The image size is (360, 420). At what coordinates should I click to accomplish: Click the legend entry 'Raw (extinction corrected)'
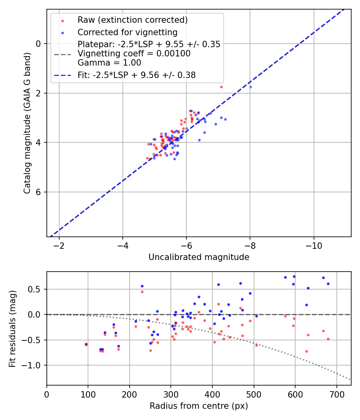click(132, 20)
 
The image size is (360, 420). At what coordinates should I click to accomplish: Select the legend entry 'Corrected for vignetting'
click(127, 32)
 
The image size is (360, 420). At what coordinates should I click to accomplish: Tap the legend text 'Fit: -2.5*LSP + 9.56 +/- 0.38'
click(136, 75)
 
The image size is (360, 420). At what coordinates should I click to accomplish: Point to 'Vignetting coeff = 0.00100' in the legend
click(134, 54)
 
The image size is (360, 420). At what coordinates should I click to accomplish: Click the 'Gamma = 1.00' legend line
click(109, 63)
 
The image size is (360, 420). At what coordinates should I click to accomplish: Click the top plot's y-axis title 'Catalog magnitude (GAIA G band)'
click(27, 123)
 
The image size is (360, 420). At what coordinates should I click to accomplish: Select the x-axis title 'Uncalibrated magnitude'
click(199, 257)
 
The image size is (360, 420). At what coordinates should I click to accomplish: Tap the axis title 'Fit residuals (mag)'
click(12, 328)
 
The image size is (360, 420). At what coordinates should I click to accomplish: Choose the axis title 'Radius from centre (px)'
click(199, 406)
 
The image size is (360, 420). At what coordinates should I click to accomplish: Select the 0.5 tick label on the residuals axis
click(36, 289)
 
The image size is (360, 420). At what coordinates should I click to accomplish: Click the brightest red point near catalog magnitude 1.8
click(221, 87)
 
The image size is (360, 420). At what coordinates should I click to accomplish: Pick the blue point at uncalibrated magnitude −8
click(250, 87)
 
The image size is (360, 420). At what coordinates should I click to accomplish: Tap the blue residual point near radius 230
click(142, 286)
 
